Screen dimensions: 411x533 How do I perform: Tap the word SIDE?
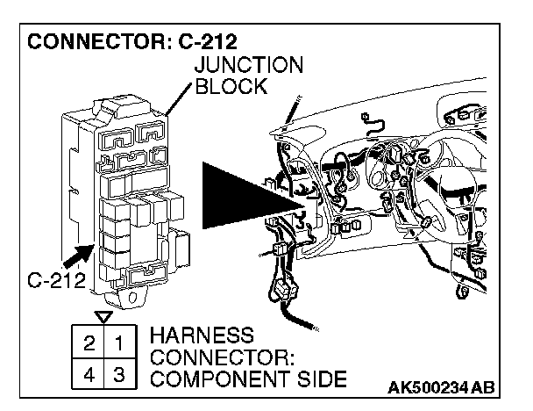[x=316, y=379]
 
